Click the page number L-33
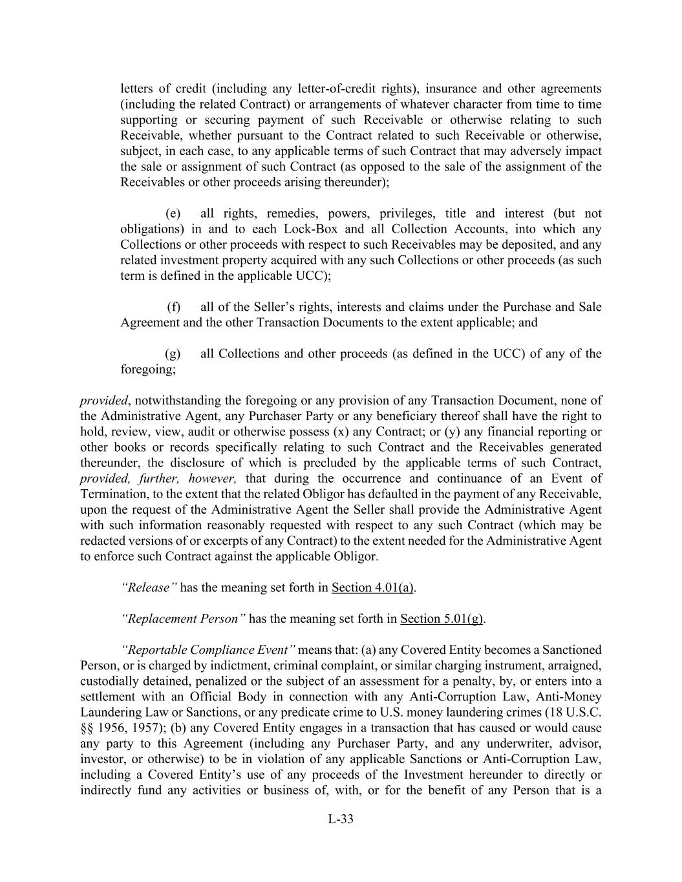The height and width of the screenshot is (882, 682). coord(341,819)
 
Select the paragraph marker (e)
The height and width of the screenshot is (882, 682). coord(173,214)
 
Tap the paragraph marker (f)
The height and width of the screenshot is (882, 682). coord(174,307)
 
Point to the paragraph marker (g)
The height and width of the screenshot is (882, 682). coord(173,353)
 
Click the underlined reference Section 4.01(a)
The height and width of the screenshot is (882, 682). coord(372,587)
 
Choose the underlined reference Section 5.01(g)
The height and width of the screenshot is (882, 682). coord(442,618)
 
